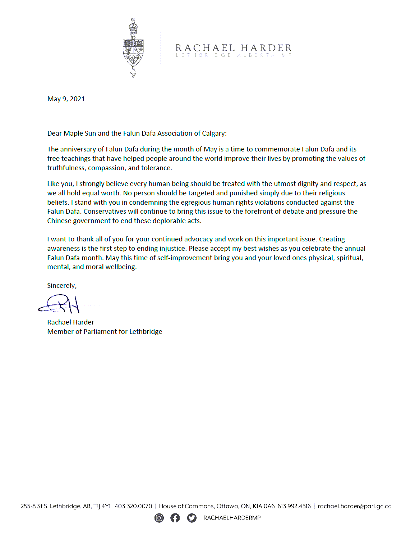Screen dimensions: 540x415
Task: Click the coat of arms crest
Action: click(133, 47)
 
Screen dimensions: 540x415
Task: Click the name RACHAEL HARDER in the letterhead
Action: click(234, 48)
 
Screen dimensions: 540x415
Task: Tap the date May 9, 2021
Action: click(66, 99)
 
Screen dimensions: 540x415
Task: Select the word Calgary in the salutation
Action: click(213, 133)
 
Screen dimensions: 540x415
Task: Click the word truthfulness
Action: click(66, 168)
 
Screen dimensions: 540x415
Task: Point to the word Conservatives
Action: click(105, 212)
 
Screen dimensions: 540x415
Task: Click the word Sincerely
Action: click(61, 286)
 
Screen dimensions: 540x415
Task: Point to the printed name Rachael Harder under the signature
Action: click(70, 322)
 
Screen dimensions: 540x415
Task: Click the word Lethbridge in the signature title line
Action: click(146, 332)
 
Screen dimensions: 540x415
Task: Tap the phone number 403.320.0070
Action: click(133, 506)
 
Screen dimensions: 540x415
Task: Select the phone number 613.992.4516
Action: click(294, 506)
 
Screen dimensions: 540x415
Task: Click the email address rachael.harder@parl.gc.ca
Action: click(355, 506)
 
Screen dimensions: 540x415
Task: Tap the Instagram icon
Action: click(159, 518)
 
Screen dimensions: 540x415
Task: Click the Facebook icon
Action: click(175, 518)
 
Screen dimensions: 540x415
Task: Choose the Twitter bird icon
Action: click(192, 518)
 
